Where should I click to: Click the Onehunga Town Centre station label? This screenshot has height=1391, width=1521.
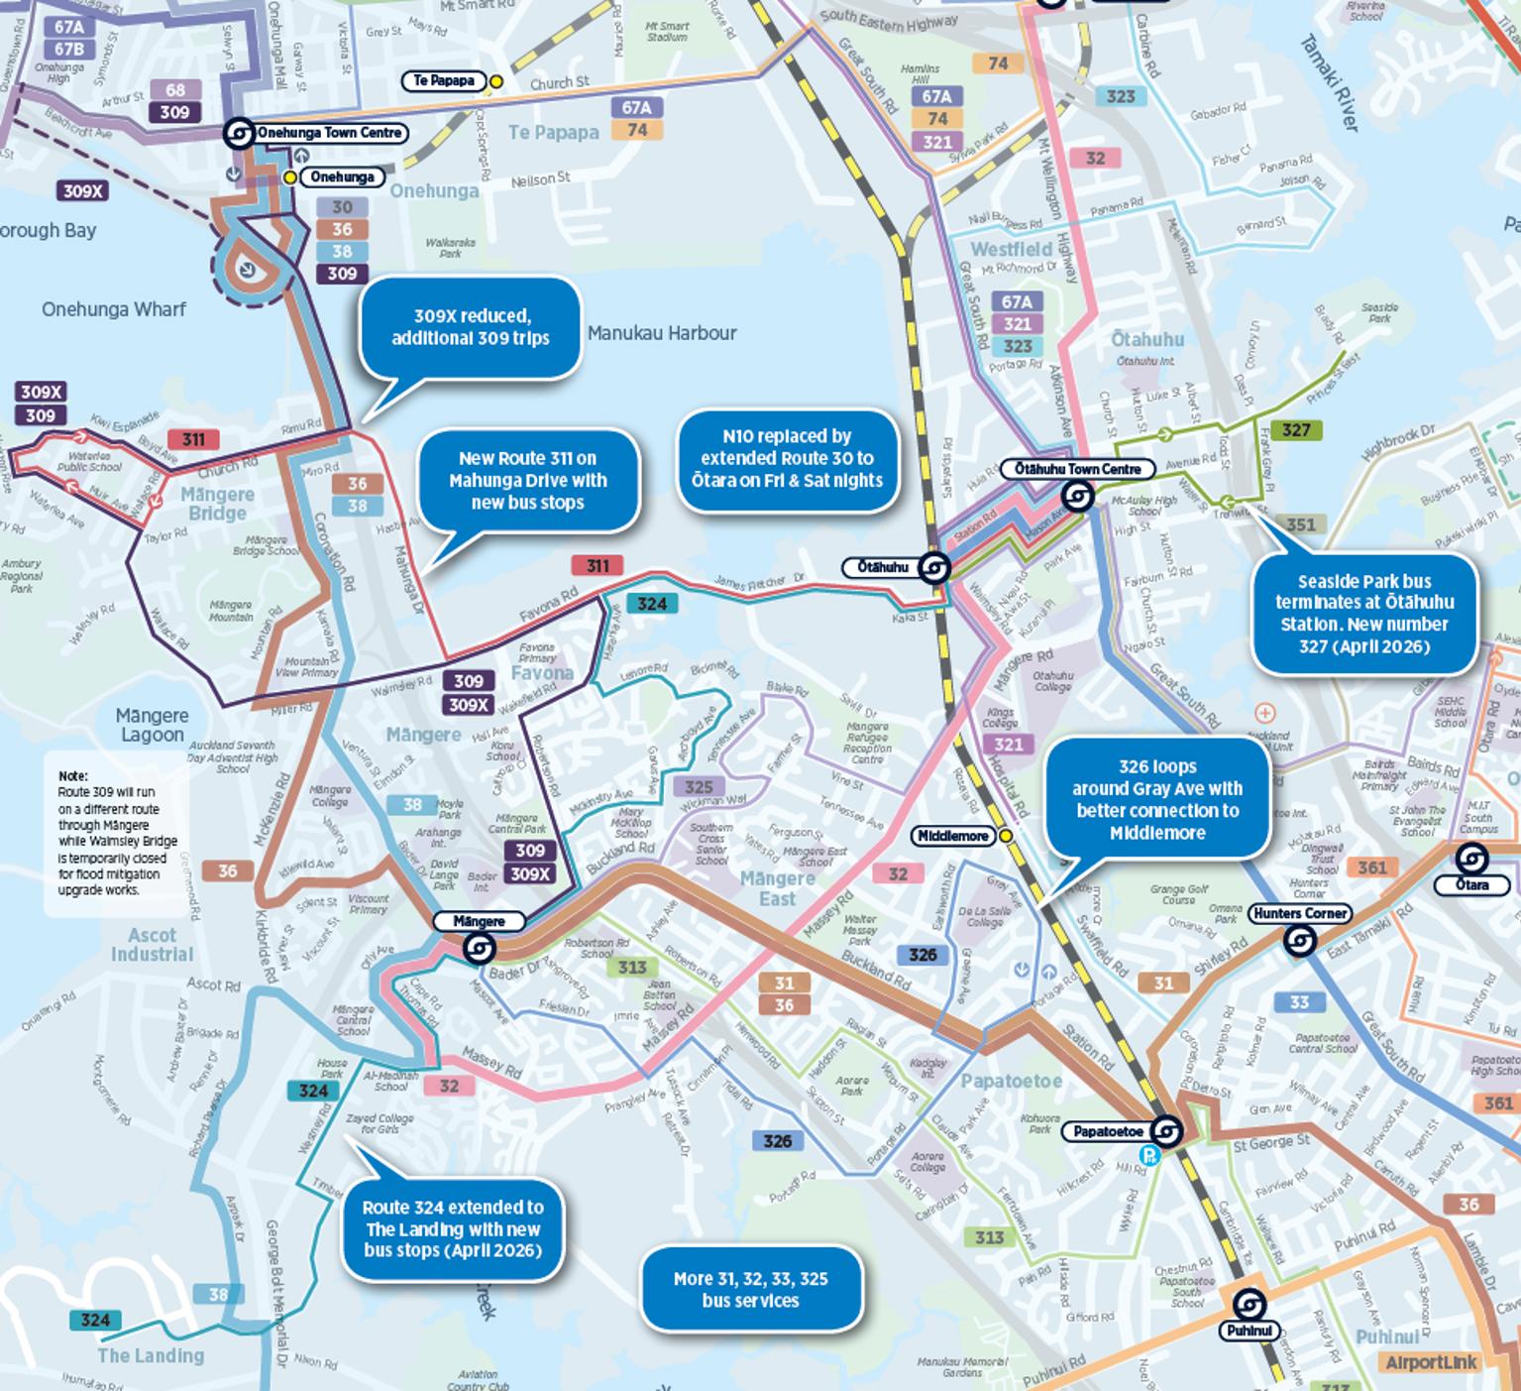coord(329,133)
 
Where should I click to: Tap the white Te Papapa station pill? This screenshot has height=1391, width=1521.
coord(443,80)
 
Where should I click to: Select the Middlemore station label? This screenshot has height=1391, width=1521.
coord(952,836)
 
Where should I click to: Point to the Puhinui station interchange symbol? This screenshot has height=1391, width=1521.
coord(1249,1305)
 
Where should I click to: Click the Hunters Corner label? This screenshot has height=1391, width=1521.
coord(1299,913)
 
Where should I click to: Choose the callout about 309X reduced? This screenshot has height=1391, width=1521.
coord(470,328)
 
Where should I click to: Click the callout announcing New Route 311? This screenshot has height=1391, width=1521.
coord(527,481)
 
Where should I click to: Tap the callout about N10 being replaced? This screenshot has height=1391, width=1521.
coord(789,459)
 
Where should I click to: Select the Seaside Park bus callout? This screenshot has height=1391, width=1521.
coord(1364,615)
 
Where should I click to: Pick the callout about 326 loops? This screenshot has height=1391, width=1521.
coord(1156,799)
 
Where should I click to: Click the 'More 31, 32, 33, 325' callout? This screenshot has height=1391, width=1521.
coord(750,1290)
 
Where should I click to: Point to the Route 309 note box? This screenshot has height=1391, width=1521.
coord(118,833)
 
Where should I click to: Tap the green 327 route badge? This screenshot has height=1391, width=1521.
coord(1296,430)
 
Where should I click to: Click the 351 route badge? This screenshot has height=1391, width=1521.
coord(1300,524)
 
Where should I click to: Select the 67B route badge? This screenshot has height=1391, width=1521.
coord(68,50)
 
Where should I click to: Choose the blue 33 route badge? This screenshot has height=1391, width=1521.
coord(1299,1002)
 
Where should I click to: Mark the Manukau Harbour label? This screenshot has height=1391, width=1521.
coord(662,333)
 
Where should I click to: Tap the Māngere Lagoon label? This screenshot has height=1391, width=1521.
coord(152,725)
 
